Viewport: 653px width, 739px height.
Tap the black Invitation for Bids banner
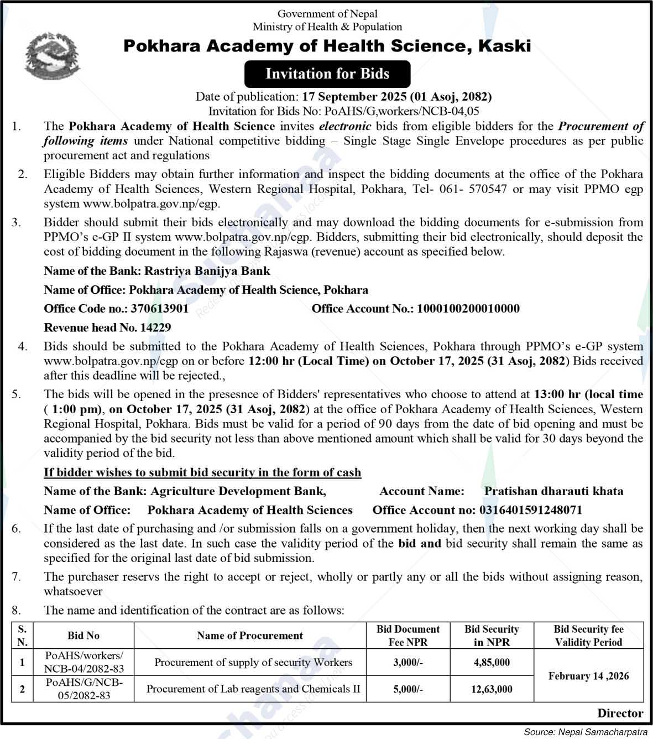[x=327, y=74]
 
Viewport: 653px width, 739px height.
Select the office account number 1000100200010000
[x=468, y=309]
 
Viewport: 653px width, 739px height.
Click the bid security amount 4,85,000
[x=492, y=662]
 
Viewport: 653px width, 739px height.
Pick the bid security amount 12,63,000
[x=492, y=689]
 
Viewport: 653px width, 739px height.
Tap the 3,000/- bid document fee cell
[x=408, y=662]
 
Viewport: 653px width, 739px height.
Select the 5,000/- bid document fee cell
[x=408, y=689]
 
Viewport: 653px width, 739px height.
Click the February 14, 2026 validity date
[x=588, y=676]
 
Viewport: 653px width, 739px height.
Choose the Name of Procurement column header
[x=250, y=636]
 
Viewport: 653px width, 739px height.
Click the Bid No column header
[x=83, y=636]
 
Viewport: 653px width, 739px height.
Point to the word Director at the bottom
[x=620, y=714]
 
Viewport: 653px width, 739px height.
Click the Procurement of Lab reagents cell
[x=253, y=689]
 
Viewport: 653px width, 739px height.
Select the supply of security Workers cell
[x=253, y=662]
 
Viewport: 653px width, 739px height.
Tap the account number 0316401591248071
[x=530, y=510]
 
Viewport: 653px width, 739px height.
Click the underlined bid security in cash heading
[x=202, y=472]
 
